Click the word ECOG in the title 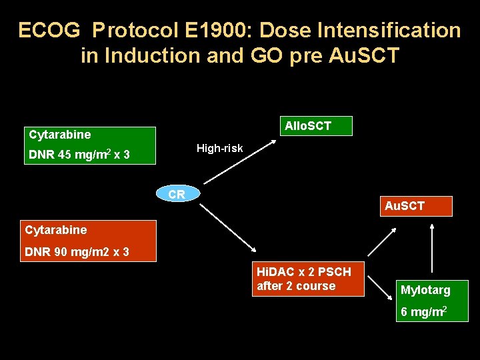pos(51,31)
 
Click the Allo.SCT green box pos(307,125)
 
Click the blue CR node pos(177,195)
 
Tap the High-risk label pos(219,148)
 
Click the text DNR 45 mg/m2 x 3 pos(79,155)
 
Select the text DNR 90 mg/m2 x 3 pos(77,252)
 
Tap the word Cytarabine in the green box pos(60,135)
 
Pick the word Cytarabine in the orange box pos(56,230)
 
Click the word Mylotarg pos(425,290)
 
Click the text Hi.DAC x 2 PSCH pos(304,272)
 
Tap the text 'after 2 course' pos(296,286)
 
